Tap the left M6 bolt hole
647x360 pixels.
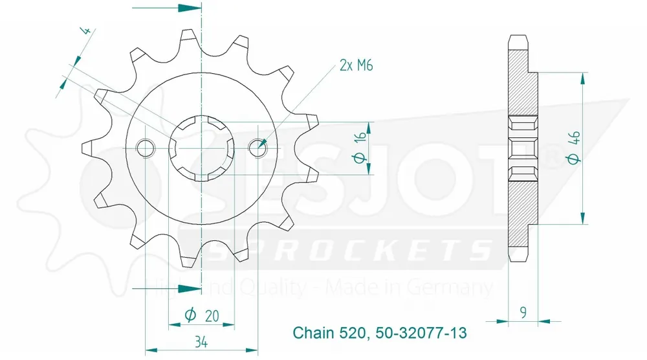(146, 148)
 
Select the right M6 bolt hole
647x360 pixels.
(259, 147)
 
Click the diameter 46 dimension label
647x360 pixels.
(573, 148)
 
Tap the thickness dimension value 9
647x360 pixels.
(523, 311)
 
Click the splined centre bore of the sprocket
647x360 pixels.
(202, 148)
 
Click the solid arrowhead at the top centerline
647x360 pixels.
(188, 9)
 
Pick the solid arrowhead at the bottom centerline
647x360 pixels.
(188, 286)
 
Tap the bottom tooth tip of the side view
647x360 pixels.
(519, 257)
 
